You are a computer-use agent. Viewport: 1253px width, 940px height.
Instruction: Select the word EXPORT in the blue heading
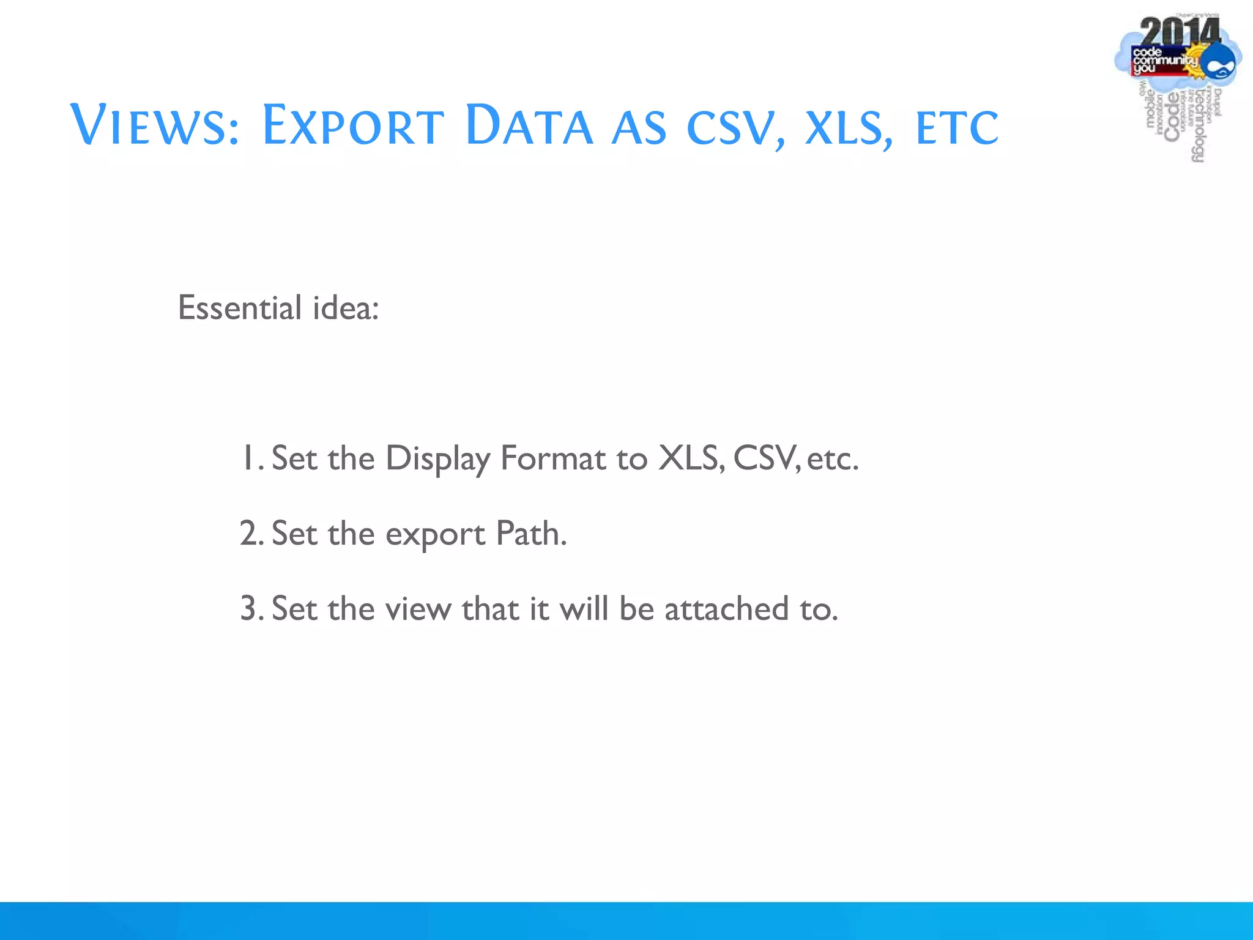(x=352, y=125)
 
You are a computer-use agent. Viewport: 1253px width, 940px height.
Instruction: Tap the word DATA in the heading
(x=529, y=125)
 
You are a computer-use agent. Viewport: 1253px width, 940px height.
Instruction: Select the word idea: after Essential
(x=346, y=307)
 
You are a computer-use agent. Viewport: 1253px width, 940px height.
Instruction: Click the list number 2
(x=250, y=534)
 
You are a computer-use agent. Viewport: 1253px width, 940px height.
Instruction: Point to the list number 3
(x=250, y=609)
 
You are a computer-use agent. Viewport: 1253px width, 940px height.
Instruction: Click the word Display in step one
(x=437, y=459)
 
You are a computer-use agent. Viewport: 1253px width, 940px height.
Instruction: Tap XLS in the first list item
(x=690, y=458)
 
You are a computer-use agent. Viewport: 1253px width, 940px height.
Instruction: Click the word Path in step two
(x=530, y=534)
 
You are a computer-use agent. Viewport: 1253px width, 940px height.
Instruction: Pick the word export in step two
(x=435, y=535)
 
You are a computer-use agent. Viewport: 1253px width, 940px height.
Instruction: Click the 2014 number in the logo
(x=1180, y=32)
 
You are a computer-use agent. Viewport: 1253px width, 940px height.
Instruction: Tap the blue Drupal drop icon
(x=1220, y=65)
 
